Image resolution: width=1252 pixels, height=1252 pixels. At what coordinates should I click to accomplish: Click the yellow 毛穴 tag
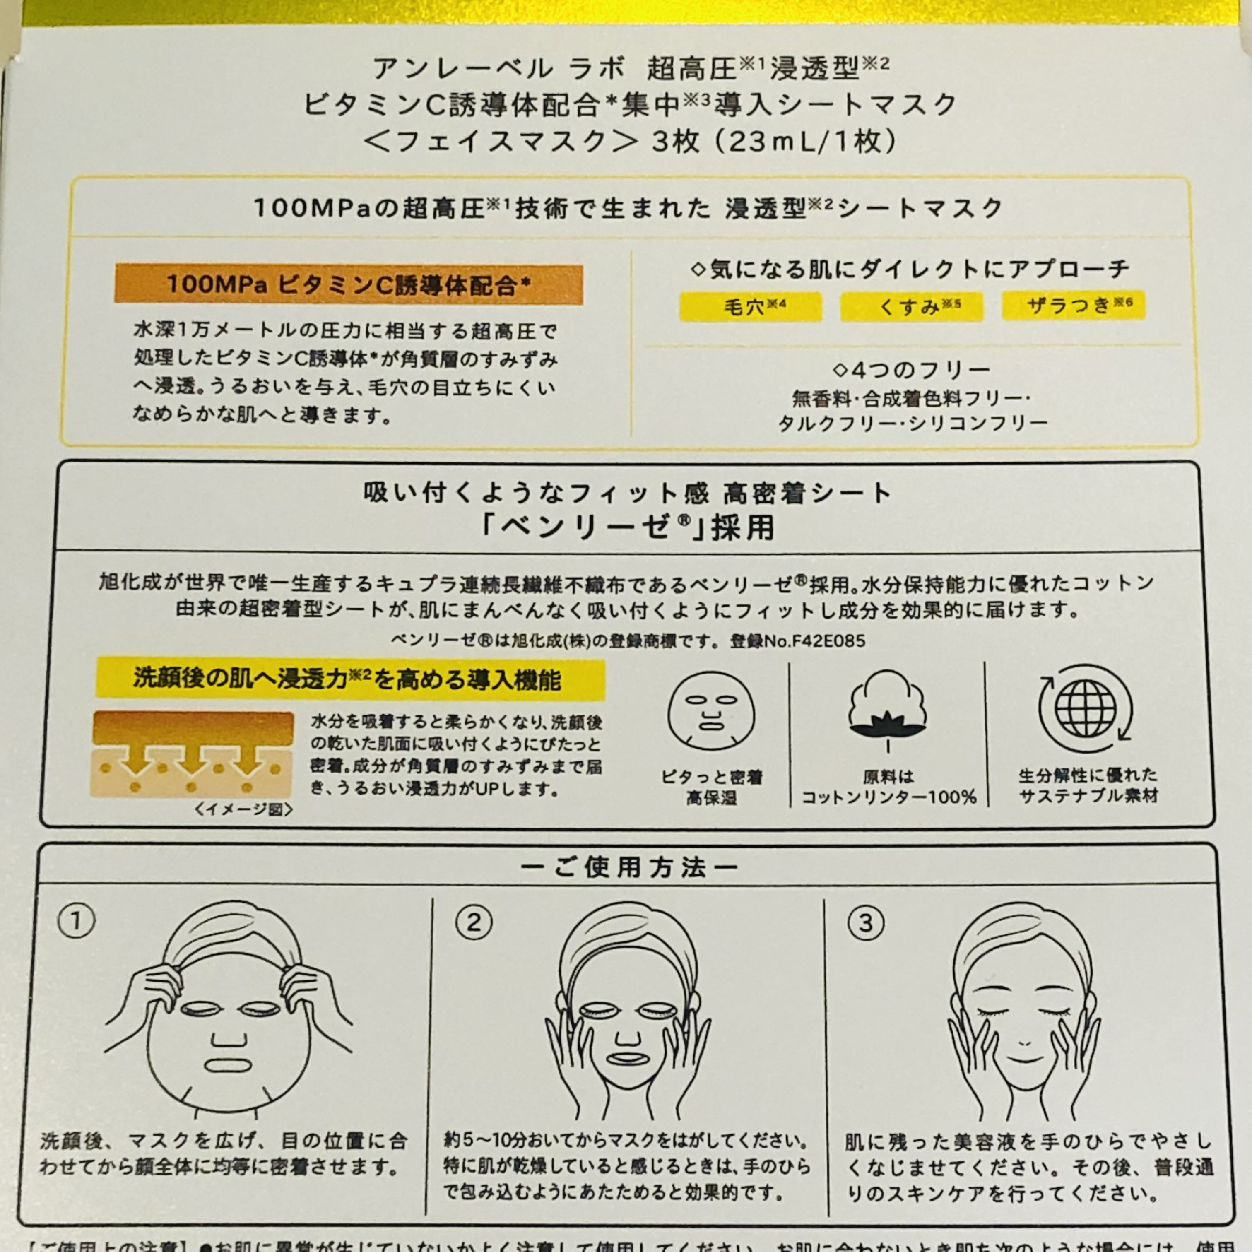pos(751,306)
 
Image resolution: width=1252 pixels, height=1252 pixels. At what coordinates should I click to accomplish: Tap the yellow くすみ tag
pos(911,306)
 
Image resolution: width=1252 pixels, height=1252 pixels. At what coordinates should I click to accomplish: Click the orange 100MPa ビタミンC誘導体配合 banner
pos(349,284)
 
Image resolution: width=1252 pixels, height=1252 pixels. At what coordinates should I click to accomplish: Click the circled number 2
pos(474,922)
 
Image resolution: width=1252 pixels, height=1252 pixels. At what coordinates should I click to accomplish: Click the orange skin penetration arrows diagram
pos(193,754)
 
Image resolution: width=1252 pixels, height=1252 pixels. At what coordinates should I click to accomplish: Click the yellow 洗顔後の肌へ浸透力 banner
pos(350,679)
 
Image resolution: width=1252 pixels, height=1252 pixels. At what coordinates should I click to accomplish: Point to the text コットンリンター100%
pos(889,797)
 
